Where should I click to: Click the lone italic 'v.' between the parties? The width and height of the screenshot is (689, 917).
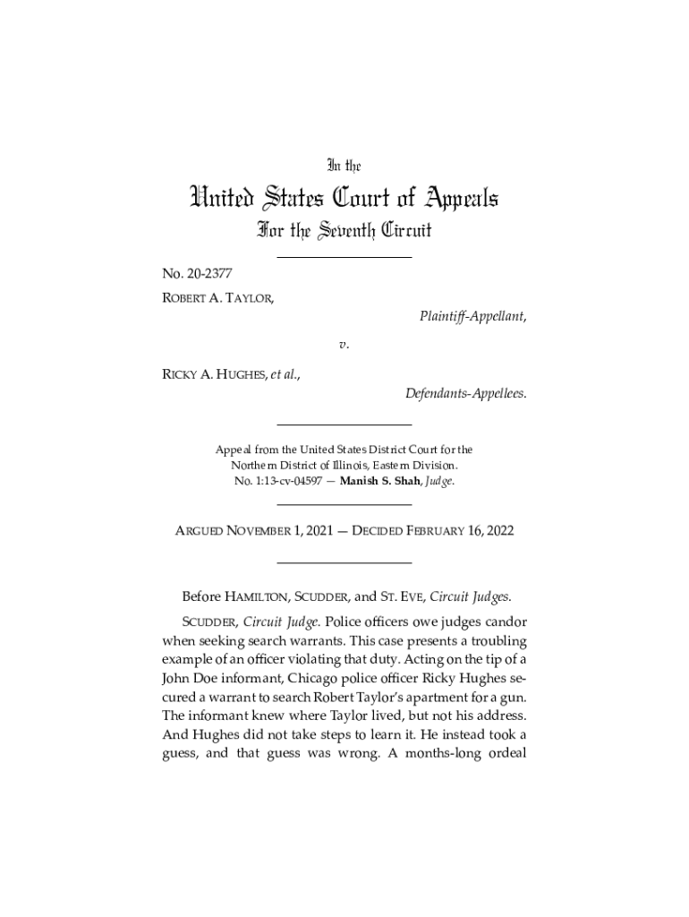[344, 344]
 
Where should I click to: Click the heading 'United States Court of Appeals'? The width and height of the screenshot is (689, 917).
[344, 197]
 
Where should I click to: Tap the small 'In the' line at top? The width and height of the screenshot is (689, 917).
[344, 165]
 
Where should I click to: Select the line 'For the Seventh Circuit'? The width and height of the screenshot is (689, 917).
[344, 231]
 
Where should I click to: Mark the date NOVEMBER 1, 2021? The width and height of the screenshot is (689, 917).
[282, 531]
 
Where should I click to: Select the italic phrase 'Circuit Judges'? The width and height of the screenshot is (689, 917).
[472, 596]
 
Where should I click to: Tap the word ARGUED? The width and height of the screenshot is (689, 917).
[203, 531]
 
